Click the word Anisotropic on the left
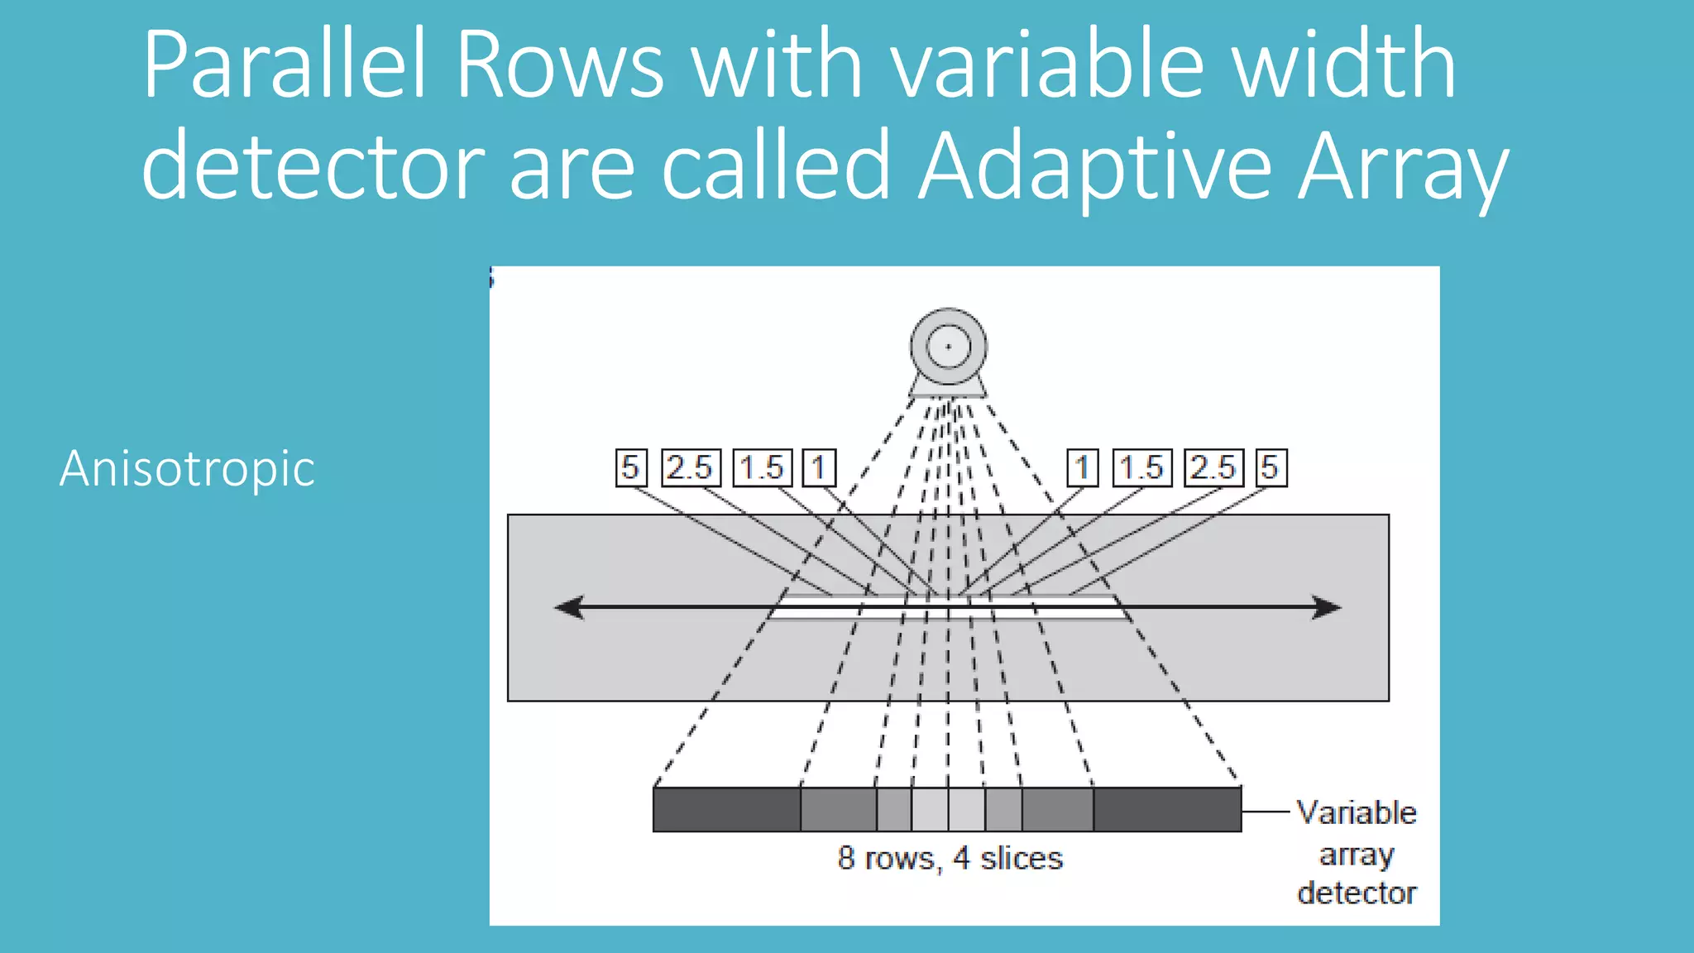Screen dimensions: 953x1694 [187, 468]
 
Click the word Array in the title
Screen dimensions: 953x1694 [1403, 166]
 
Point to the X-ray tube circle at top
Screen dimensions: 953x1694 [948, 347]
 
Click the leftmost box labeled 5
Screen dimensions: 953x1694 [630, 467]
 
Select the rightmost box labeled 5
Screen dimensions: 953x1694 [1270, 467]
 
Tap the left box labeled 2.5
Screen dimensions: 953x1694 [690, 467]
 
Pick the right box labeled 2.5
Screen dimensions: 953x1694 [1213, 467]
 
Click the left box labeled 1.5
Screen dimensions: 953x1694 [762, 467]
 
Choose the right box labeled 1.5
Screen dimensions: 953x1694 [1141, 467]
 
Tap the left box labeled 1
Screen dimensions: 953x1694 [819, 467]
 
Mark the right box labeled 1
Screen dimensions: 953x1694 [1082, 467]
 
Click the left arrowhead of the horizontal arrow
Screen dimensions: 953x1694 [569, 607]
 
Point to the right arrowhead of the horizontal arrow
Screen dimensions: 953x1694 [1328, 607]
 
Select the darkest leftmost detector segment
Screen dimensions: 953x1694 [726, 809]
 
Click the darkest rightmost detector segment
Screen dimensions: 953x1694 [1167, 809]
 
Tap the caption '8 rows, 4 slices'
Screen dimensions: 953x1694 [950, 858]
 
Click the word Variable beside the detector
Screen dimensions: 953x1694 [1356, 812]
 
